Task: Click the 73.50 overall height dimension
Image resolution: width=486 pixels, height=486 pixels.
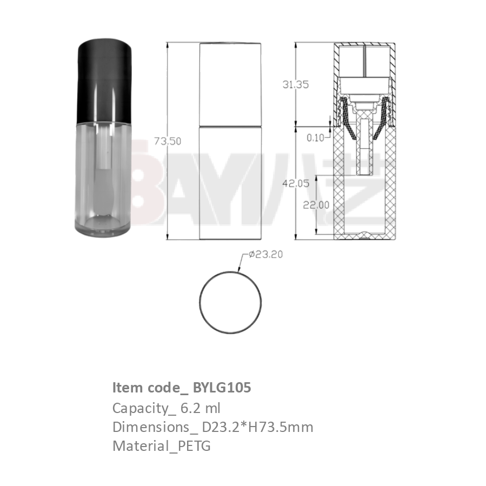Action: tap(168, 141)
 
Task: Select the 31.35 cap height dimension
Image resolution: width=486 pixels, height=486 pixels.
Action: tap(296, 84)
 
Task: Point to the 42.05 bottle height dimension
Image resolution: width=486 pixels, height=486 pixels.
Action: tap(296, 183)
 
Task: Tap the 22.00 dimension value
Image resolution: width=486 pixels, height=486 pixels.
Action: tap(316, 205)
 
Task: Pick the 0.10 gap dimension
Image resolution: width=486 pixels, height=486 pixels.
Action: tap(315, 138)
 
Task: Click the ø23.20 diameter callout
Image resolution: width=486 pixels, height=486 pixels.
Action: tap(265, 255)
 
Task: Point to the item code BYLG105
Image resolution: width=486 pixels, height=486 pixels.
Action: tap(222, 388)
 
